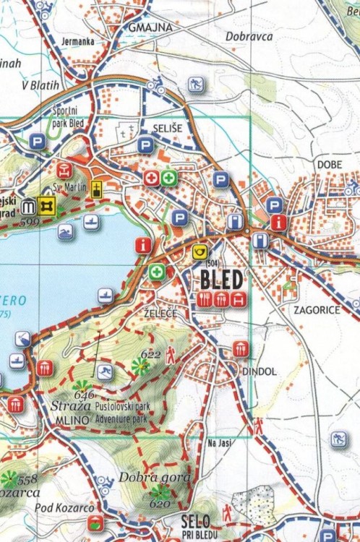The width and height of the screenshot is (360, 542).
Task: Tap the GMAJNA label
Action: click(x=150, y=27)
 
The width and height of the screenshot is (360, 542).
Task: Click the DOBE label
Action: click(x=329, y=165)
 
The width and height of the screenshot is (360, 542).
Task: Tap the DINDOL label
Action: click(x=259, y=371)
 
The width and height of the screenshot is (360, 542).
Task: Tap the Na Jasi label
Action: click(x=218, y=443)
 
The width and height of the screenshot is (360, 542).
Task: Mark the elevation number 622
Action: click(x=150, y=354)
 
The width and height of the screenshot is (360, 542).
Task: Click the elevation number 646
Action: click(x=84, y=395)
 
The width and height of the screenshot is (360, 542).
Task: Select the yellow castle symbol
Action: click(x=48, y=206)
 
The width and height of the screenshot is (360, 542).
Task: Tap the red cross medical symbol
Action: click(x=152, y=177)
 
